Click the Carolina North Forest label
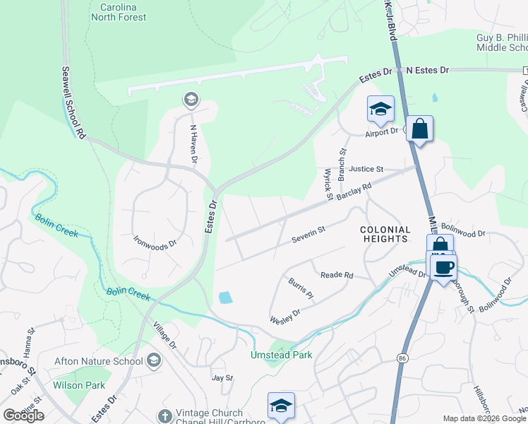(x=119, y=11)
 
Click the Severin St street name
(x=308, y=235)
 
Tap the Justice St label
(x=366, y=170)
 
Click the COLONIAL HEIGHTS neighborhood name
(x=385, y=234)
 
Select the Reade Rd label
(x=337, y=275)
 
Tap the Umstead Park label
(x=281, y=355)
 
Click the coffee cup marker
(x=444, y=267)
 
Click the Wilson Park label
(x=79, y=385)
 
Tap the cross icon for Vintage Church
(x=165, y=416)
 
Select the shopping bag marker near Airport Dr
(x=419, y=129)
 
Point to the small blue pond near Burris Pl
(x=225, y=298)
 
